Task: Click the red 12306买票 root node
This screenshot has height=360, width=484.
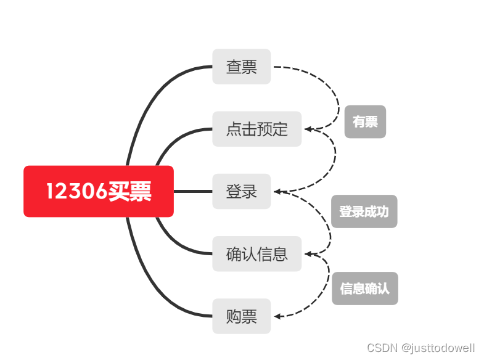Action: coord(99,192)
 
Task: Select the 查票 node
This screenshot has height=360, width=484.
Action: coord(242,67)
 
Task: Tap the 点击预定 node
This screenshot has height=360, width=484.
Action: coord(256,129)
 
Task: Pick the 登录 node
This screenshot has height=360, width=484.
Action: coord(242,192)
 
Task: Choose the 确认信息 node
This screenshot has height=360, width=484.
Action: coord(256,254)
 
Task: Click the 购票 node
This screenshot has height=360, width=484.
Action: coord(242,317)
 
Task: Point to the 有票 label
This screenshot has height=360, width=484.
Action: coord(365,122)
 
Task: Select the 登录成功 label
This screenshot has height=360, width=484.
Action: coord(364,212)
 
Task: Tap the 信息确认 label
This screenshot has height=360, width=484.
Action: coord(365,288)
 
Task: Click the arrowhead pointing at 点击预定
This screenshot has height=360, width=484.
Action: coord(309,129)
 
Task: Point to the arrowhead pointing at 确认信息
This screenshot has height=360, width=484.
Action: coord(309,254)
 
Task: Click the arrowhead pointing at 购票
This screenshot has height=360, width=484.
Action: coord(278,317)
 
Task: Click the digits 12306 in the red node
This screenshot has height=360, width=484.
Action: coord(76,192)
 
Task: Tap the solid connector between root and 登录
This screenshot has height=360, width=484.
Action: coord(193,192)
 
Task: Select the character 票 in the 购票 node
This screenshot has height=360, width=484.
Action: coord(249,317)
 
